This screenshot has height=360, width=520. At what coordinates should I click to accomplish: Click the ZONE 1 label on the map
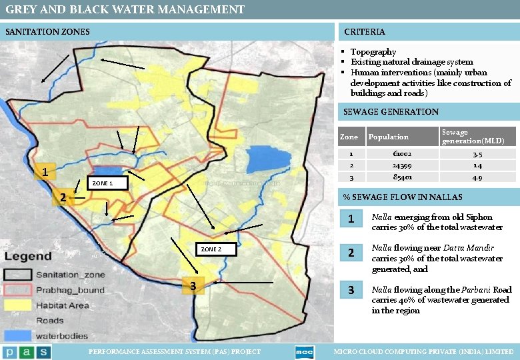tap(102, 183)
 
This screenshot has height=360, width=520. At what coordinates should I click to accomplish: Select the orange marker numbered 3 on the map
tap(193, 285)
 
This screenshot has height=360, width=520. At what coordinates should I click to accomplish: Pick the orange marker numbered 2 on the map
tap(61, 197)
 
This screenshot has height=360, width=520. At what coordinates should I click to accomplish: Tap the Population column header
tap(388, 137)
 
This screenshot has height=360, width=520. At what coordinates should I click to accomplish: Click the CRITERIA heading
tap(364, 31)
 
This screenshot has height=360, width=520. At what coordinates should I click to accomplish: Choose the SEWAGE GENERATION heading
tap(391, 111)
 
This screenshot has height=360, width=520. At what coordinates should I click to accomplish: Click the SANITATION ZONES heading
tap(47, 31)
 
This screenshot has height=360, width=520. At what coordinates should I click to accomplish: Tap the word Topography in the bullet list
tap(373, 51)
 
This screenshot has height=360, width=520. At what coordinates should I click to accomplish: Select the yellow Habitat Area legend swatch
tap(18, 305)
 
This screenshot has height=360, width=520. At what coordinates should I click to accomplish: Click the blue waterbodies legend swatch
tap(18, 335)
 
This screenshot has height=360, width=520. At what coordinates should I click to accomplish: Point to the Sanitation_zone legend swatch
tap(18, 274)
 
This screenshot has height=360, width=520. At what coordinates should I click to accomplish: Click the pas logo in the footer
tap(27, 351)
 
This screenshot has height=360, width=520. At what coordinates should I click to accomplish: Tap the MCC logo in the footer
tap(303, 351)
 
